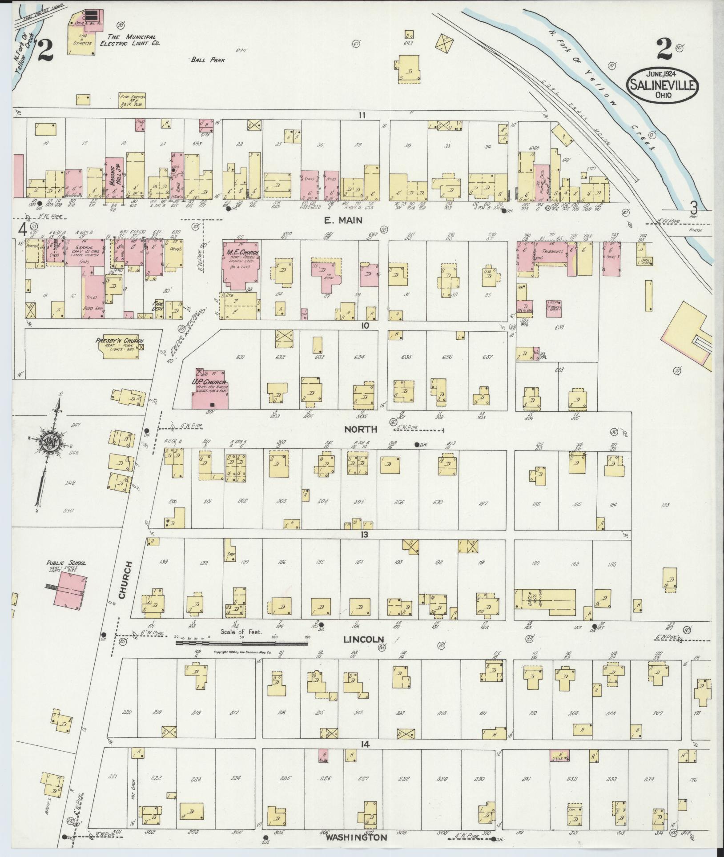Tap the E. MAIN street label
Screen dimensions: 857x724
pos(349,220)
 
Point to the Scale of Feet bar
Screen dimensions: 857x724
pos(242,642)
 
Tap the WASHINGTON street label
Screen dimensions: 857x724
pos(356,837)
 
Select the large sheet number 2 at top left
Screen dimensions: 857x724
pos(45,51)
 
